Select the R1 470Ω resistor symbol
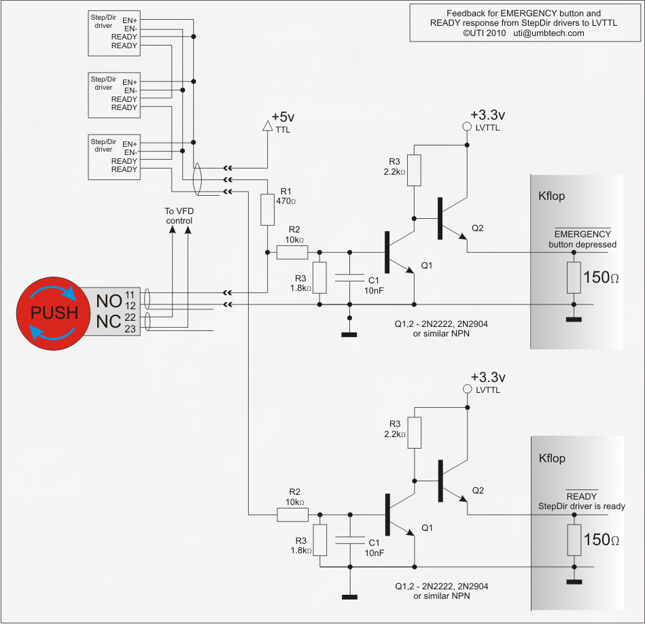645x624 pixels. pyautogui.click(x=267, y=209)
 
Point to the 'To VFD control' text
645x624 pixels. pyautogui.click(x=179, y=216)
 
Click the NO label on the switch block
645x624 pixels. pyautogui.click(x=108, y=300)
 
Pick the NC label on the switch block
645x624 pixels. pyautogui.click(x=108, y=322)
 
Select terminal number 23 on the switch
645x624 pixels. pyautogui.click(x=130, y=330)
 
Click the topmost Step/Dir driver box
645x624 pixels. pyautogui.click(x=114, y=33)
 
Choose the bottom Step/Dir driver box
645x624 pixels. pyautogui.click(x=114, y=157)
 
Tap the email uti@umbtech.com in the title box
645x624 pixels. pyautogui.click(x=548, y=33)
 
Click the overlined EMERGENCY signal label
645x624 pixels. pyautogui.click(x=582, y=235)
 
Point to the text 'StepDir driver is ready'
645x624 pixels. pyautogui.click(x=582, y=506)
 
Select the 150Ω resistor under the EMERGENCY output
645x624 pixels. pyautogui.click(x=574, y=277)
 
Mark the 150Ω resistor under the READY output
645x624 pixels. pyautogui.click(x=574, y=540)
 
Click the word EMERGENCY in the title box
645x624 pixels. pyautogui.click(x=528, y=14)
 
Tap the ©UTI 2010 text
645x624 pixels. pyautogui.click(x=485, y=33)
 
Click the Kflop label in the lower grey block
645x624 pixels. pyautogui.click(x=552, y=458)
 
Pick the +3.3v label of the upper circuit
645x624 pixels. pyautogui.click(x=487, y=115)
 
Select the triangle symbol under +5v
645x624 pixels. pyautogui.click(x=266, y=126)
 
